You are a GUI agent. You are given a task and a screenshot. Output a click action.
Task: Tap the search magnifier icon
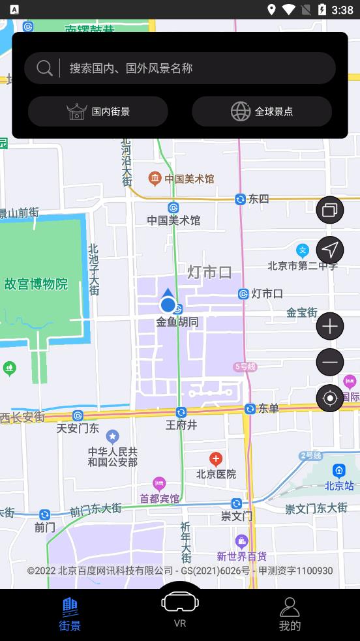44,68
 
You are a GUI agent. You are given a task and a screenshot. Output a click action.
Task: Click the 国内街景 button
98,112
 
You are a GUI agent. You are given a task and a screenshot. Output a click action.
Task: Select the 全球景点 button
262,112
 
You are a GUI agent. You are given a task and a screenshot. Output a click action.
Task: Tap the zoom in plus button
330,326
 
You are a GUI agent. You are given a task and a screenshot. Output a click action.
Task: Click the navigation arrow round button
330,250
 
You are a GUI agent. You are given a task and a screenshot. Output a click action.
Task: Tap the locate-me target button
330,398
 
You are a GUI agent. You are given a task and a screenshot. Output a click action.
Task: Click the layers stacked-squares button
330,210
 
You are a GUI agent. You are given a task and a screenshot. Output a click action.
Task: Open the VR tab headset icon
180,603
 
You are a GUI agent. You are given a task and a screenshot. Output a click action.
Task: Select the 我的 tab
290,614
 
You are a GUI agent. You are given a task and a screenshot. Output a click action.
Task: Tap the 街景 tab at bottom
70,614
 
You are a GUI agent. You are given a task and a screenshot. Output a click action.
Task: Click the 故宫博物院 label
36,284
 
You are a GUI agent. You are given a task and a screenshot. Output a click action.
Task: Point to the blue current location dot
168,305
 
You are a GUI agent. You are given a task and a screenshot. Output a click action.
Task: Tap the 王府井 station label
181,425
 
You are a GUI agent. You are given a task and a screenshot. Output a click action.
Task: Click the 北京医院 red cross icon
216,460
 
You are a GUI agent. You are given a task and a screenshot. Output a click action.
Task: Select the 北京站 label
339,485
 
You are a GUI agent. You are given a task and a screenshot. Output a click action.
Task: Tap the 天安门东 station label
78,428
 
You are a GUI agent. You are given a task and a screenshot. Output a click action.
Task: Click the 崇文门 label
236,516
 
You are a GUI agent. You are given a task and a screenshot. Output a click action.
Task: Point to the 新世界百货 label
242,556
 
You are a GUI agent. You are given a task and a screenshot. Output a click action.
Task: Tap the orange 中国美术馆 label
189,178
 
